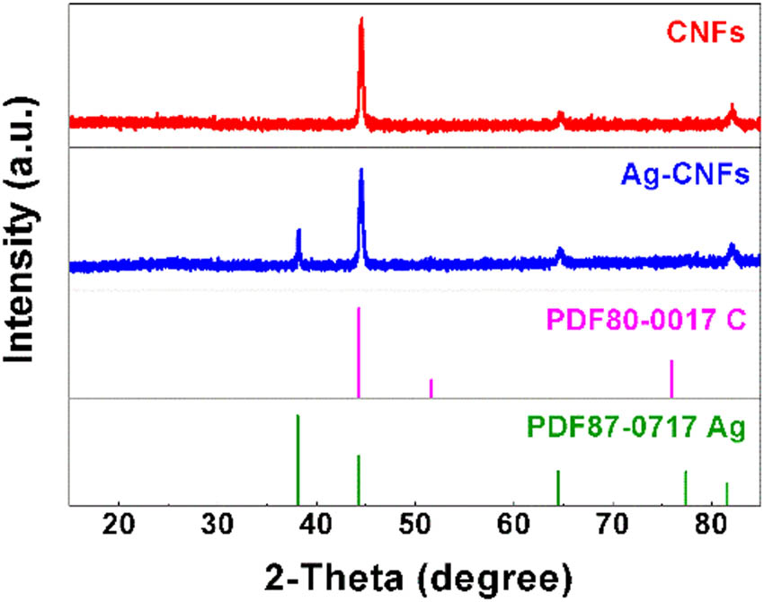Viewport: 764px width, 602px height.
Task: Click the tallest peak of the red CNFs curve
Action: tap(361, 20)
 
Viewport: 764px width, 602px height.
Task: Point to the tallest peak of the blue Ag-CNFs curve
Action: tap(361, 171)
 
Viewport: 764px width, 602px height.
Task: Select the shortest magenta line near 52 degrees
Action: tap(431, 388)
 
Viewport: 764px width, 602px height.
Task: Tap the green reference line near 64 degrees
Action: tap(558, 488)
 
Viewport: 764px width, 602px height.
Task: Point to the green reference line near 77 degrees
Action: tap(686, 488)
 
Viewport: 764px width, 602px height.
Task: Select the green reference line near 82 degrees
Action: tap(726, 494)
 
